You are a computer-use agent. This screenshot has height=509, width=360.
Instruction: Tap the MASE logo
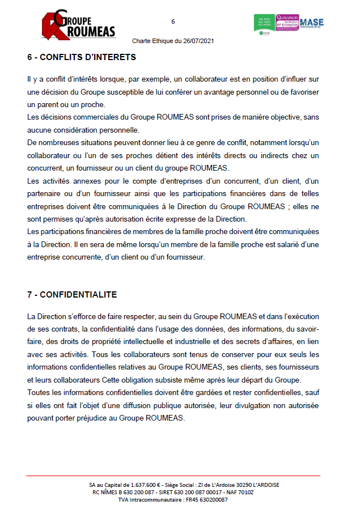311,23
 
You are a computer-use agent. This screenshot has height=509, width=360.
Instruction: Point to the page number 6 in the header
173,22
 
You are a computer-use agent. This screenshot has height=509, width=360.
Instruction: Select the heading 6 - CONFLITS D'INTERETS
81,57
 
